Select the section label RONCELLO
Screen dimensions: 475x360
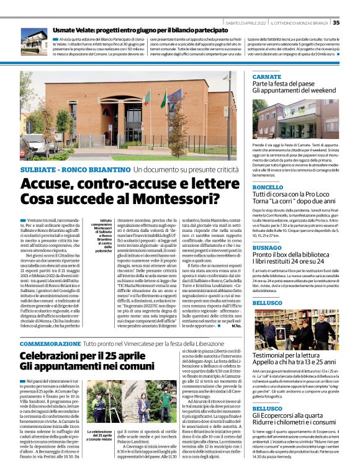268,187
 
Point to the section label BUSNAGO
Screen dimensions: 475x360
268,246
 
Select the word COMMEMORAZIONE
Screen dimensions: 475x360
50,343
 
